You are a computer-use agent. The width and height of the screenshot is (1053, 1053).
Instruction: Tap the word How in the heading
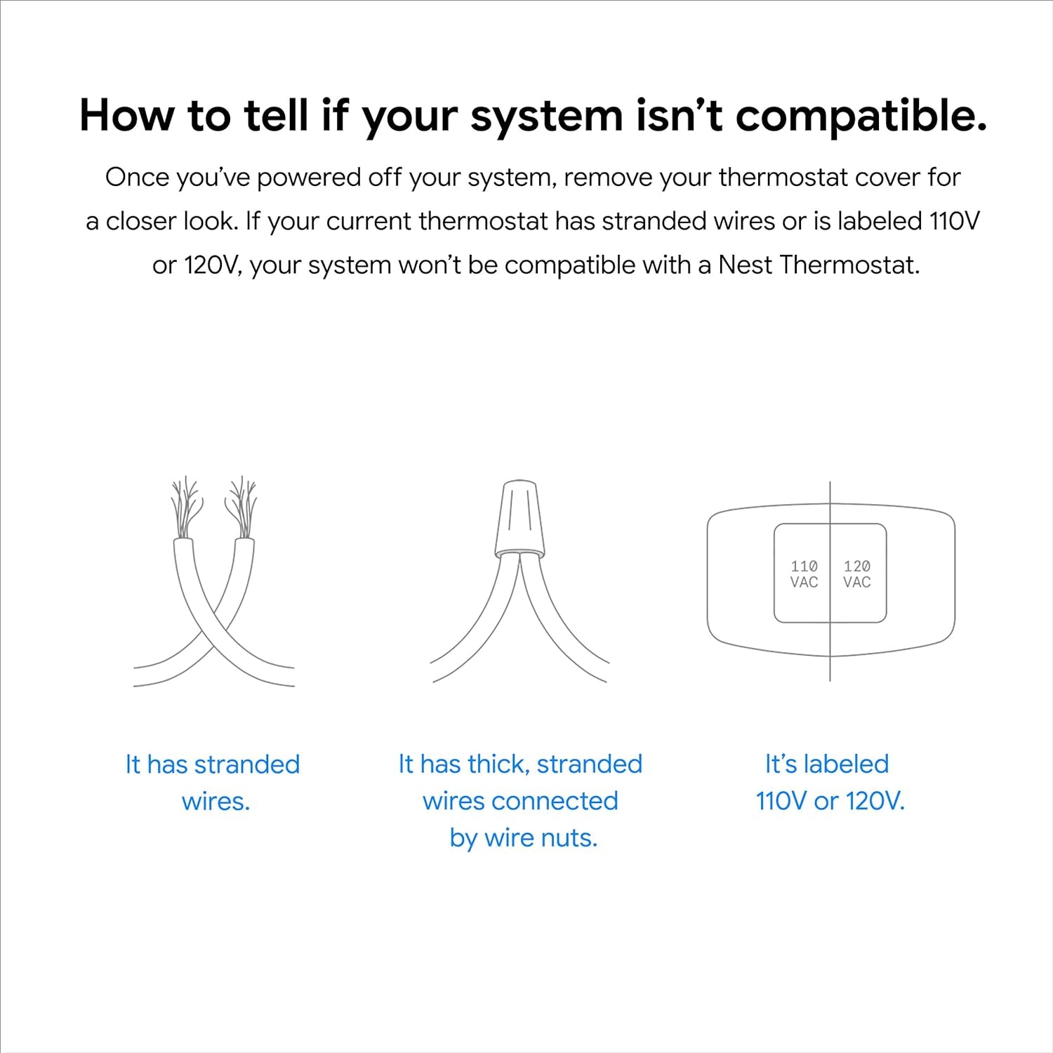(126, 115)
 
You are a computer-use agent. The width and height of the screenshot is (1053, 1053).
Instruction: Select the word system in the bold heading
(546, 117)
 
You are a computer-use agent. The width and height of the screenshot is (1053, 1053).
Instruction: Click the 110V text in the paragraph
(954, 221)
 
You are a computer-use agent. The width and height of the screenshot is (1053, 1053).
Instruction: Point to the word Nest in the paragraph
(745, 265)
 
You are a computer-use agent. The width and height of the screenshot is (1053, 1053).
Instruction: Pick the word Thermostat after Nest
(849, 265)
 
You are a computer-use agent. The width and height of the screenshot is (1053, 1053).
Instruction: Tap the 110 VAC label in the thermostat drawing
(804, 574)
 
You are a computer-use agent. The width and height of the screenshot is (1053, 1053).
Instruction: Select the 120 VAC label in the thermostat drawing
(857, 574)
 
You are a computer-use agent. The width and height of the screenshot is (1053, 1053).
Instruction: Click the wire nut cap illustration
(519, 517)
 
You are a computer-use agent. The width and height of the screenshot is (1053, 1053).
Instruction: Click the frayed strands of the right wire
(241, 505)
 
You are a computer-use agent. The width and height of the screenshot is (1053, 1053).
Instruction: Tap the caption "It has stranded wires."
(213, 782)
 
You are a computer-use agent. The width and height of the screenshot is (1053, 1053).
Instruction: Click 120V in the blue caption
(875, 801)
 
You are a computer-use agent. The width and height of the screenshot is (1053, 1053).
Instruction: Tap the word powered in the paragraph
(308, 178)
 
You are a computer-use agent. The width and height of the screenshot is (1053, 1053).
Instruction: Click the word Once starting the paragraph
(135, 178)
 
